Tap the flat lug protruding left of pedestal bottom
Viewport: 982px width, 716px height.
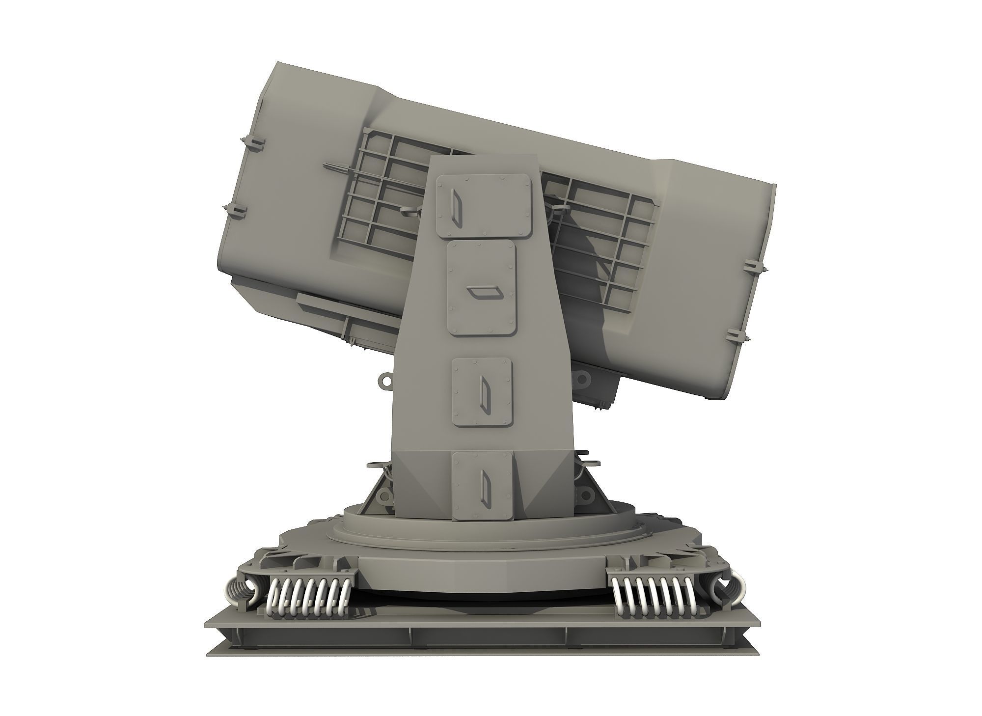(376, 464)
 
